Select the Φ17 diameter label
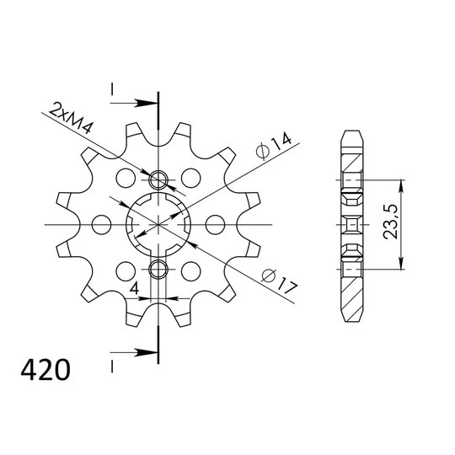click(280, 281)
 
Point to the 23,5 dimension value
click(390, 222)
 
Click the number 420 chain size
click(45, 370)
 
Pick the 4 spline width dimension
click(134, 288)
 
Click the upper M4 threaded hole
click(158, 179)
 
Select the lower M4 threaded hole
click(158, 269)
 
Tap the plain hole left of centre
click(101, 224)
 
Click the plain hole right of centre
click(215, 224)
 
